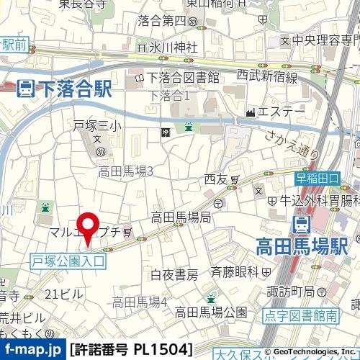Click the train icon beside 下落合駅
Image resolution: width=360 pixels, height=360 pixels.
(24, 89)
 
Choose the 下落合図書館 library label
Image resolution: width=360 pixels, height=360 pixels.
(183, 78)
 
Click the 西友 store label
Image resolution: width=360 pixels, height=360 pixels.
(215, 178)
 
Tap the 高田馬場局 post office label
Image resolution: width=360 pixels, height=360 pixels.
(181, 216)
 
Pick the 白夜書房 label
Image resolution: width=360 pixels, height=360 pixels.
(174, 274)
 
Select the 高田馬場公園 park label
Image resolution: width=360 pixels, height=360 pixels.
(211, 312)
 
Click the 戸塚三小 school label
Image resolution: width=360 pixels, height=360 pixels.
(94, 125)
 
